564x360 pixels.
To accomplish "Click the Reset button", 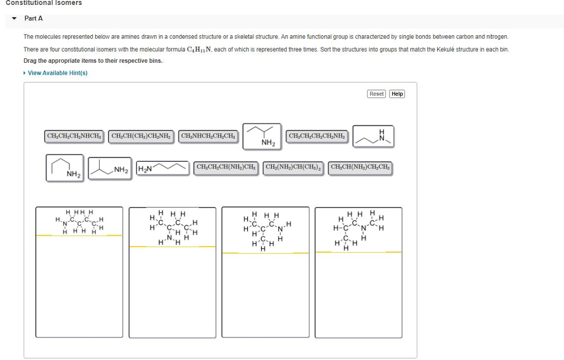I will pyautogui.click(x=377, y=94).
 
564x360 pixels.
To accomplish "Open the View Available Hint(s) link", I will pyautogui.click(x=57, y=73).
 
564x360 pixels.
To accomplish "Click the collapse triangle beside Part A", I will pyautogui.click(x=14, y=19).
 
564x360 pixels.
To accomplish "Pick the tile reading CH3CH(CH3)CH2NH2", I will pyautogui.click(x=142, y=136).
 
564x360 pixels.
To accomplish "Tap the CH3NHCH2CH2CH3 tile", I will pyautogui.click(x=208, y=136).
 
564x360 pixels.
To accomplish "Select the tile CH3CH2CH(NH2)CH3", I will pyautogui.click(x=226, y=167).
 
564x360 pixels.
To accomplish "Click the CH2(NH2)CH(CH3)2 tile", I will pyautogui.click(x=295, y=167).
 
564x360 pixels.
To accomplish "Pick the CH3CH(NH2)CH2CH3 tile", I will pyautogui.click(x=360, y=167).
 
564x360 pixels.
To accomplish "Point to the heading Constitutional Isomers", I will pyautogui.click(x=44, y=3).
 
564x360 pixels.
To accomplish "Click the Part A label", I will pyautogui.click(x=34, y=19).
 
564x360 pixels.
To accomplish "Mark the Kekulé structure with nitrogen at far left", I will pyautogui.click(x=79, y=221).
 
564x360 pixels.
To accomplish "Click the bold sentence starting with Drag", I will pyautogui.click(x=93, y=61).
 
